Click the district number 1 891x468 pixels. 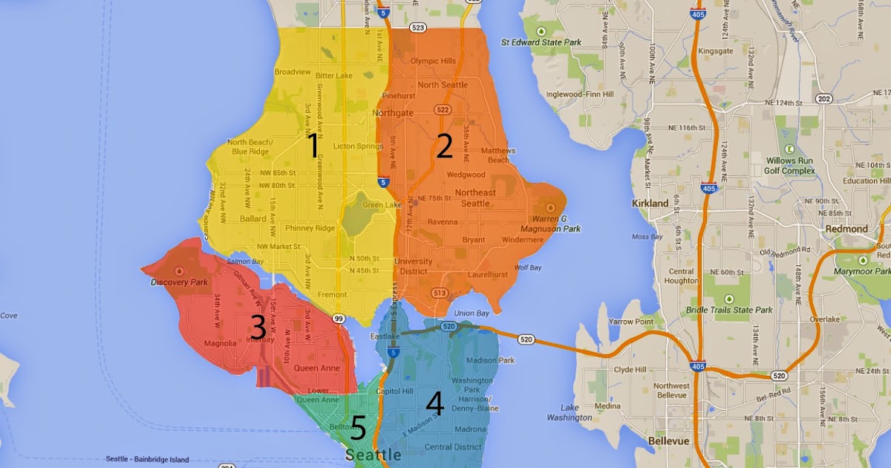[x=313, y=147]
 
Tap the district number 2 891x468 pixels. [x=444, y=147]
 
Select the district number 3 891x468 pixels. [x=258, y=328]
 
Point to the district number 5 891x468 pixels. [x=357, y=429]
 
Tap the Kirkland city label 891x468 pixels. [x=651, y=203]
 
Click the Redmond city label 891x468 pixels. [x=846, y=229]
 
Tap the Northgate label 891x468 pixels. [x=393, y=113]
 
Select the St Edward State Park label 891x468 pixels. [x=541, y=42]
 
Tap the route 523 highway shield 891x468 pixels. [x=418, y=27]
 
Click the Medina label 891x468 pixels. [x=607, y=406]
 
